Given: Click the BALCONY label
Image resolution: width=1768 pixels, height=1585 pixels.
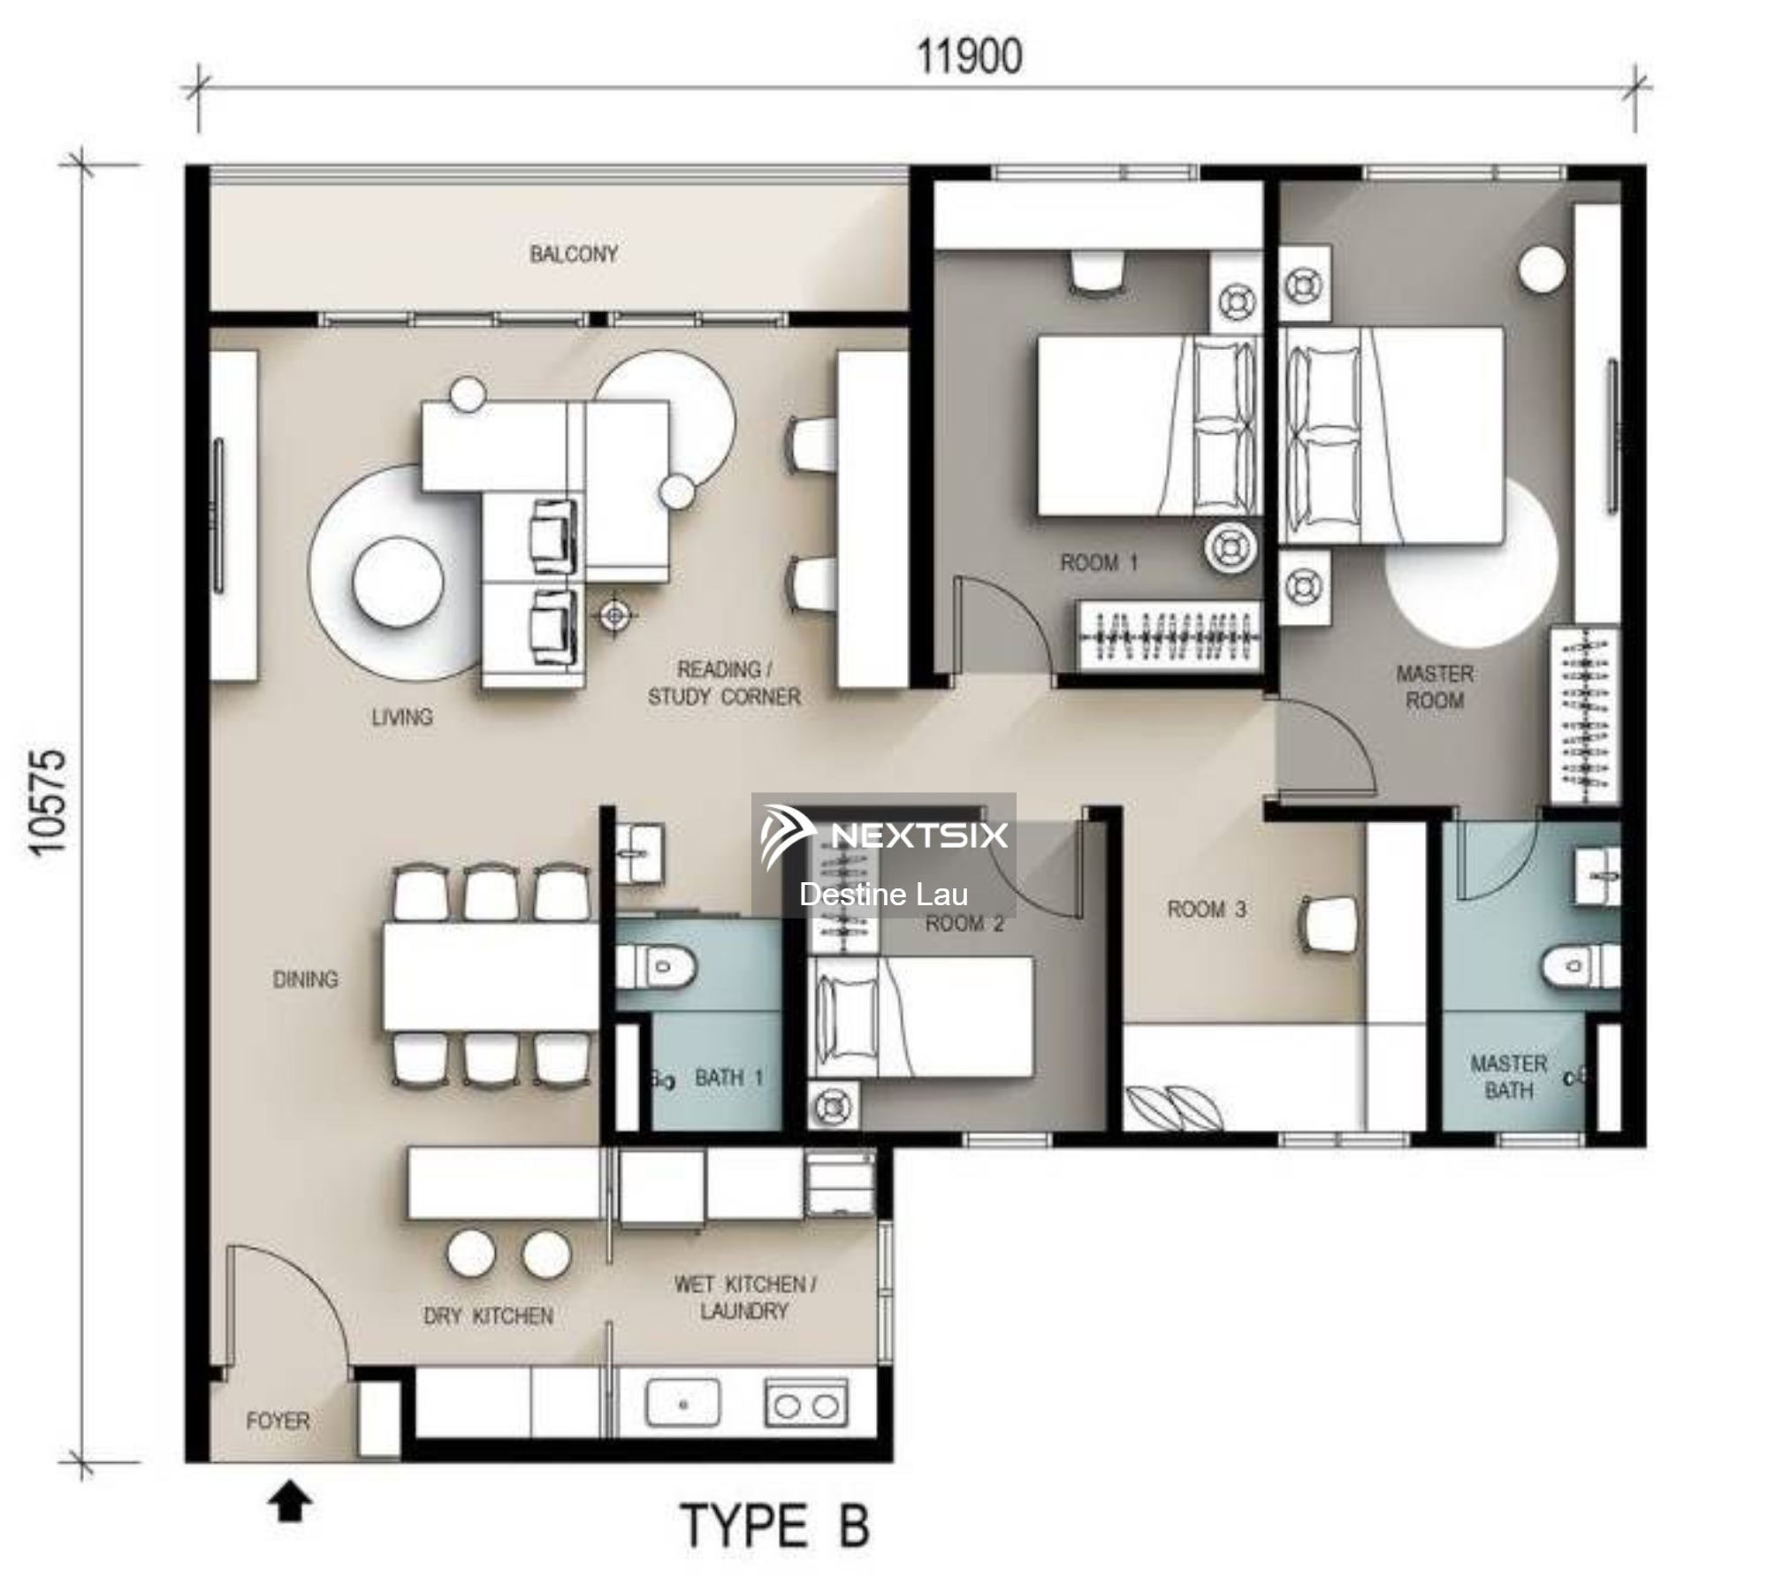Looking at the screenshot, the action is (x=574, y=255).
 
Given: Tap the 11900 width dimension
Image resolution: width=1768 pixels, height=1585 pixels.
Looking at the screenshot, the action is (x=969, y=57).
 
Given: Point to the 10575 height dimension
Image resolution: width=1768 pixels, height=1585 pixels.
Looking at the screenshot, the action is (x=47, y=803).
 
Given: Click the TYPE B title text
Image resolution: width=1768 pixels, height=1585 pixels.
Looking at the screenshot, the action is (x=775, y=1526).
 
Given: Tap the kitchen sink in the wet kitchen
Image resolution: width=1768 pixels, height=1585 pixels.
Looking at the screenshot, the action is (x=682, y=1403).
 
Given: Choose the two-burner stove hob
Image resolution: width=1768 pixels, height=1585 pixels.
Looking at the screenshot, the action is (x=805, y=1403).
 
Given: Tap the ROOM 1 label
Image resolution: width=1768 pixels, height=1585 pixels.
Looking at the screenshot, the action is (x=1099, y=562).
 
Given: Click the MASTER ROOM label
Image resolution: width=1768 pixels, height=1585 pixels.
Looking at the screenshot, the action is (x=1435, y=687).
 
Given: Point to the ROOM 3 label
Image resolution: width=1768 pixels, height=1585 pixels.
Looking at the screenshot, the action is (x=1207, y=909).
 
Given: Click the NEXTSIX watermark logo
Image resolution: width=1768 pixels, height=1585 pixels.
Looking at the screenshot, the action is (x=884, y=835).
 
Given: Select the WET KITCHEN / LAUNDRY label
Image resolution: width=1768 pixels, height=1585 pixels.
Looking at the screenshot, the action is (x=744, y=1297).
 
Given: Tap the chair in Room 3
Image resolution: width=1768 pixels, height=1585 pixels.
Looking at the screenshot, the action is (x=1326, y=925).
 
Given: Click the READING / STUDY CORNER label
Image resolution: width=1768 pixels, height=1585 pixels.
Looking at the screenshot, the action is (x=724, y=683).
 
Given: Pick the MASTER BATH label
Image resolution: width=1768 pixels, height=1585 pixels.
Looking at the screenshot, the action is (x=1509, y=1077).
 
